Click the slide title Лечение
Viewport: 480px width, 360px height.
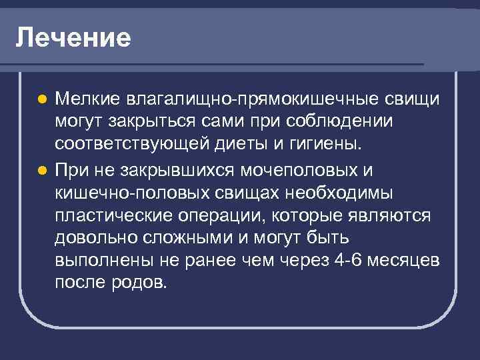[x=73, y=37]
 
